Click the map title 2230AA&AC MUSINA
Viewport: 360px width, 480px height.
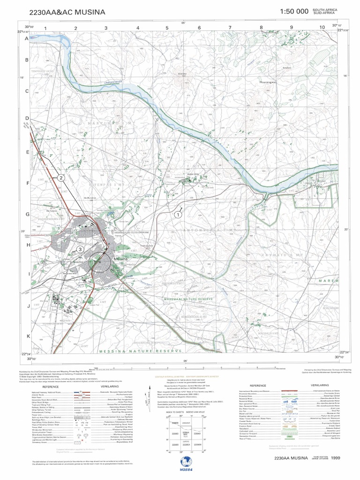pyautogui.click(x=67, y=12)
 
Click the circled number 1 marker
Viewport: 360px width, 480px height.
pyautogui.click(x=178, y=214)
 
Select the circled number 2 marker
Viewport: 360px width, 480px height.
pyautogui.click(x=60, y=178)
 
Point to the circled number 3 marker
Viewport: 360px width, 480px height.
pyautogui.click(x=81, y=249)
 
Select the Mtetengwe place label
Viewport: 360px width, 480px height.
pyautogui.click(x=281, y=82)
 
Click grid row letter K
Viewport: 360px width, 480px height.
pyautogui.click(x=28, y=336)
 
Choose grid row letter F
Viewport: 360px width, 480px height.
pyautogui.click(x=28, y=183)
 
